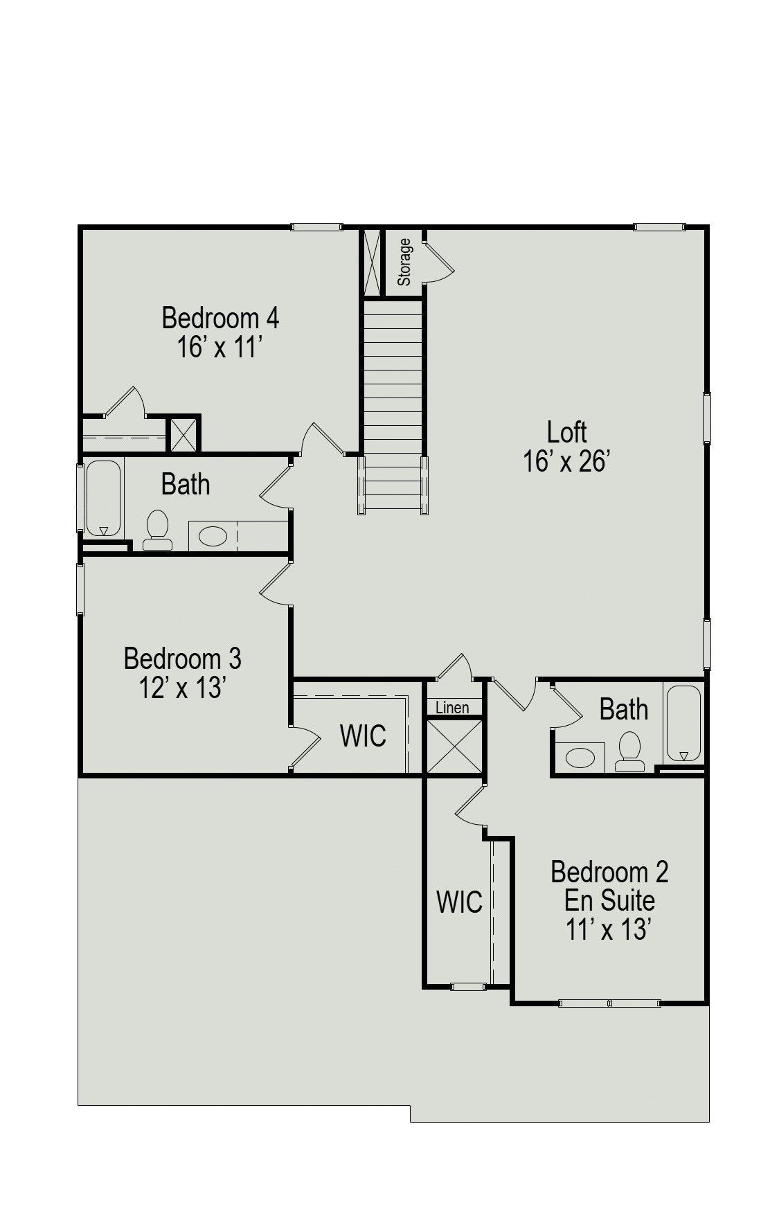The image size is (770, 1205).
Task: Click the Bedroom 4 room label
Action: pos(220,318)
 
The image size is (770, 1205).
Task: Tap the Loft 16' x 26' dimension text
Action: pos(566,461)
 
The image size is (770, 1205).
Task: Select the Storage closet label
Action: pos(404,262)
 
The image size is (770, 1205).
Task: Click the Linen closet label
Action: pos(452,707)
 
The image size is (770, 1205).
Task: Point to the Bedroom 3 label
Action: pos(183,658)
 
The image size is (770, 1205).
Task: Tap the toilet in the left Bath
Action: pos(158,531)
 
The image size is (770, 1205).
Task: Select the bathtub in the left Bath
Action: pos(103,498)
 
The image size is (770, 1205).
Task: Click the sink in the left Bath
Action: pos(213,536)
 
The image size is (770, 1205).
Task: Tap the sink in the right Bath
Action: pos(580,758)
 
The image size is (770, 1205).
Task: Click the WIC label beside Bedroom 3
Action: pos(363,735)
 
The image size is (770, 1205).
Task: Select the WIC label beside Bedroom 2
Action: pos(460,902)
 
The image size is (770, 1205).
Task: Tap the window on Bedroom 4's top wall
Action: pos(316,226)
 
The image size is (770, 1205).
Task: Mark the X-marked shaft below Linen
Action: pos(454,746)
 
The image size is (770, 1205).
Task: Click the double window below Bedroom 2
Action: pos(609,1002)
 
